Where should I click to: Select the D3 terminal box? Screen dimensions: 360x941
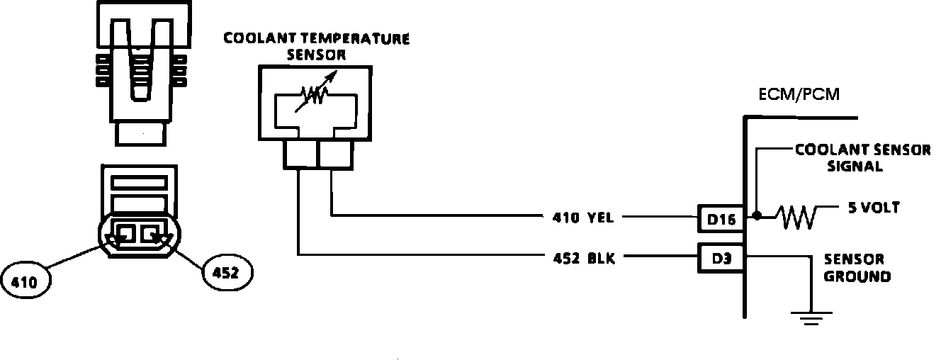(720, 257)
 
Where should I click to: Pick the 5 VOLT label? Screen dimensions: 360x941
(873, 208)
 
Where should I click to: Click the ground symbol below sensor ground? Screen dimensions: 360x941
(809, 317)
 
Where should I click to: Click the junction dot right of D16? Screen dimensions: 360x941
(757, 215)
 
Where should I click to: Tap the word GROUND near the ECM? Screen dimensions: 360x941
(857, 276)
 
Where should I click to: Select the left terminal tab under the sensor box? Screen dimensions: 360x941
(298, 155)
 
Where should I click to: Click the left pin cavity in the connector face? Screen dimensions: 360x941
(128, 232)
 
